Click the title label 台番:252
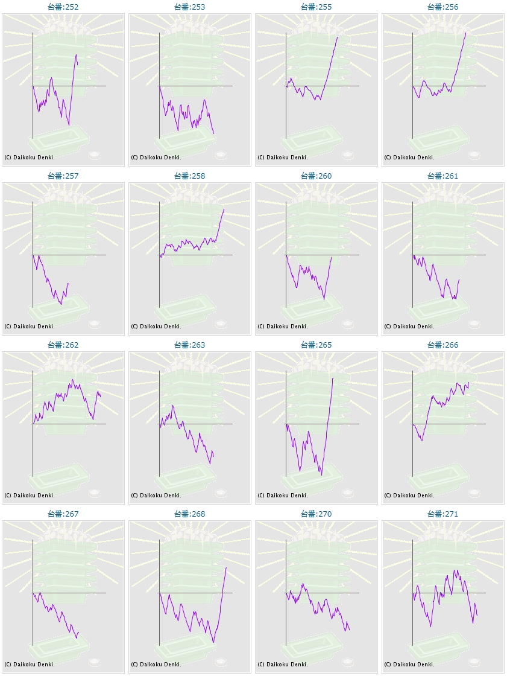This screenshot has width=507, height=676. coord(63,7)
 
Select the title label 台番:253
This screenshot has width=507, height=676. coord(190,7)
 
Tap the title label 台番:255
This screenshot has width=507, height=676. coord(316,7)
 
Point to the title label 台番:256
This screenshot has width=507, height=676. coord(443,7)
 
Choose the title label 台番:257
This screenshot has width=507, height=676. coord(63,176)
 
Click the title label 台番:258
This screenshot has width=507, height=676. coord(190,176)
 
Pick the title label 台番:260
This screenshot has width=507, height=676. coord(316,176)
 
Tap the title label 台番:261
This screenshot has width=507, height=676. coord(443,176)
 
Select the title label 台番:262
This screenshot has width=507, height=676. coord(63,345)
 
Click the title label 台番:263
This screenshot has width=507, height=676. coord(190,345)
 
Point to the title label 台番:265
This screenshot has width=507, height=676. coord(316,345)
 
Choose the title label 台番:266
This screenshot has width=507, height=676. coord(443,345)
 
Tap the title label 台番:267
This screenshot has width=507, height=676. coord(63,514)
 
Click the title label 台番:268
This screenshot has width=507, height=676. coord(190,514)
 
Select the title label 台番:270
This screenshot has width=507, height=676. coord(316,514)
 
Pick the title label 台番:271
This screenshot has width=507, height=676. coord(443,514)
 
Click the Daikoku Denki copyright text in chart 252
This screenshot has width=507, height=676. coord(30,158)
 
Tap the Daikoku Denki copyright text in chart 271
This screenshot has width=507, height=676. coord(409,665)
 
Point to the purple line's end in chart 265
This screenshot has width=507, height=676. coord(333,378)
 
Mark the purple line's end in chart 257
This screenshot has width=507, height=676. coord(69,283)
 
